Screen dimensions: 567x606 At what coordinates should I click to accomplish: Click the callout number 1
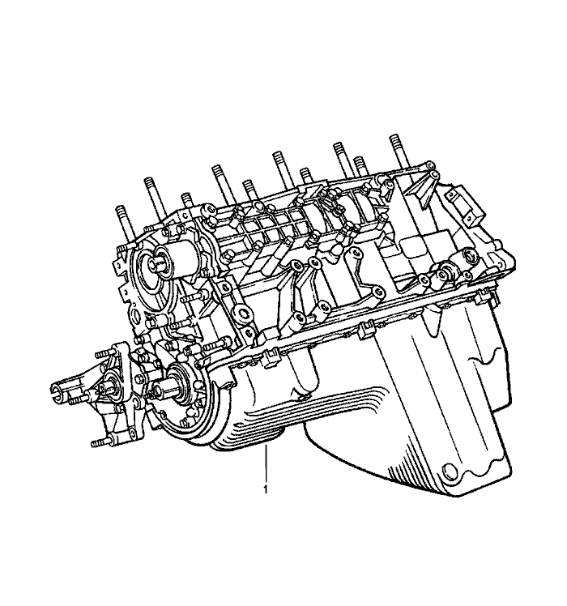pos(266,489)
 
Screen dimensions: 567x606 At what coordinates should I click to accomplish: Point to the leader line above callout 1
pos(266,464)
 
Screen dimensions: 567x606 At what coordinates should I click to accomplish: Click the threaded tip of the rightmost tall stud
pos(394,142)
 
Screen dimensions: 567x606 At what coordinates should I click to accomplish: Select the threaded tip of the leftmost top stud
pos(120,212)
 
